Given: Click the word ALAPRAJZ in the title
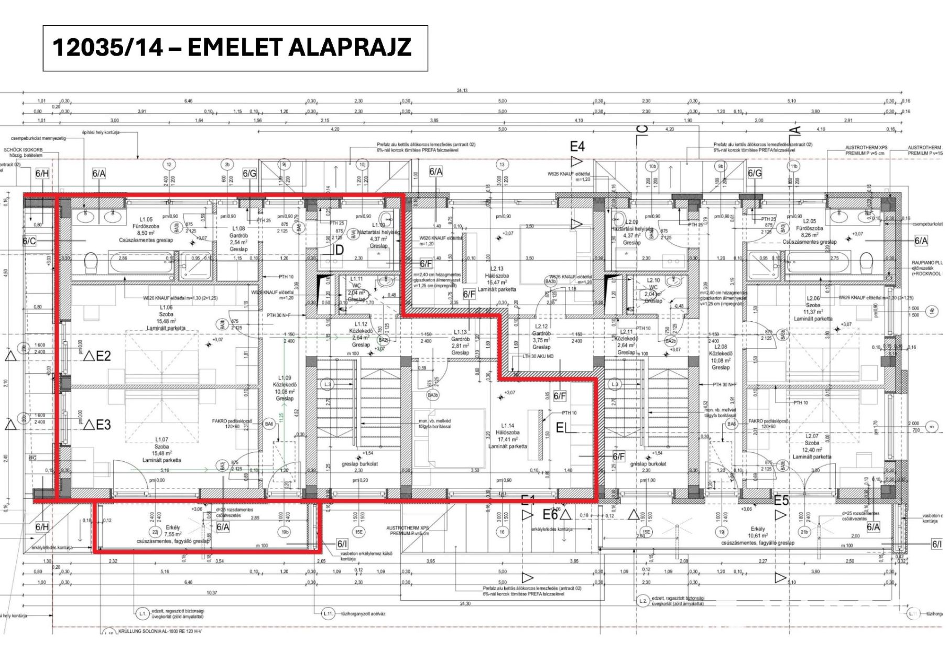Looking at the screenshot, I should coord(350,47).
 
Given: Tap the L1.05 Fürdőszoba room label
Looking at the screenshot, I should coord(146,230).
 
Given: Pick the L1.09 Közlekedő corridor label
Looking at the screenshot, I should coord(285,388).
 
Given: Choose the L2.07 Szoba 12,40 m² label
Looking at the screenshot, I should coord(812,446).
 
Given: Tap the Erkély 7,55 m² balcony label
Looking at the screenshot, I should coord(173,534).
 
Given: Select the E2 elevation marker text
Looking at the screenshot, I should coord(103,356).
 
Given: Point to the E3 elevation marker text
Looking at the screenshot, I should coord(103,425).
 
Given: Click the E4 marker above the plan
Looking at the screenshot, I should coord(577,147).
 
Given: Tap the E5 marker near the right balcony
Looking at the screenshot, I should coord(781,501).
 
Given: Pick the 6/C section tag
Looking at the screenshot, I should coord(29,241).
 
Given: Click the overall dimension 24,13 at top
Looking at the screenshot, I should coord(462,91).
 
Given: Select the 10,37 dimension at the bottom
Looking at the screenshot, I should coord(212,593).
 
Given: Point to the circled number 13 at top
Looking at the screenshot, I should coord(502,165).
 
